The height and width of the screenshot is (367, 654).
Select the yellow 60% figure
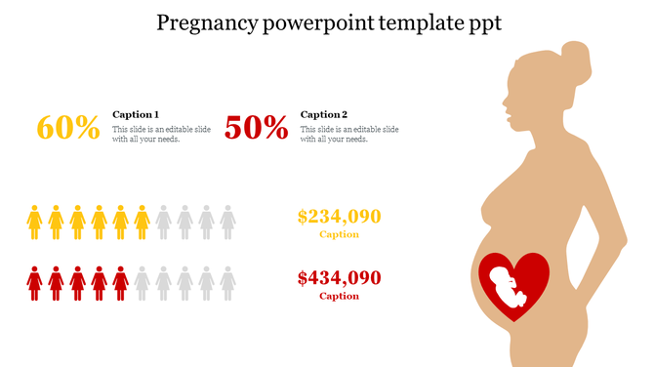coord(67,127)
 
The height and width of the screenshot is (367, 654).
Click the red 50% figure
coord(256,127)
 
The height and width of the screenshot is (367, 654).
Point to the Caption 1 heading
coord(136,114)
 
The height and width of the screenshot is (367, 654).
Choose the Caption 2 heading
coord(324,114)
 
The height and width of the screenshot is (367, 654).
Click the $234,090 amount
coord(339,217)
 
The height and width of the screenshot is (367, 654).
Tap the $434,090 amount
coord(339,278)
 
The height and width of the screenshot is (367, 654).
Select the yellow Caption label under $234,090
coord(339,234)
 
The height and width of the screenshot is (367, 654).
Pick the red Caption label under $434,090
coord(339,296)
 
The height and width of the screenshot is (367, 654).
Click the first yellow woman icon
coord(34,222)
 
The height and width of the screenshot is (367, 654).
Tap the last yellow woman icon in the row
coord(142,222)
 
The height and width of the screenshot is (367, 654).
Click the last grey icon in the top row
coord(227,222)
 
